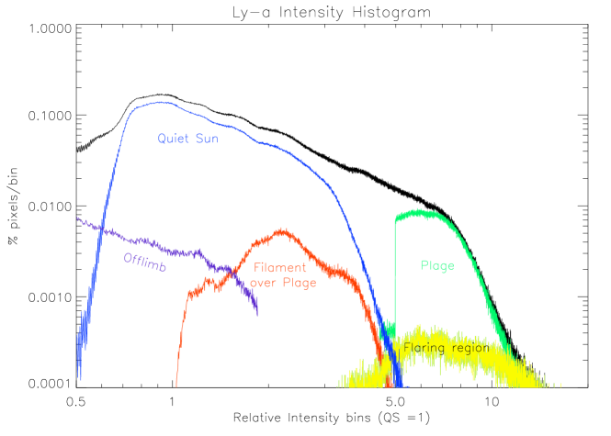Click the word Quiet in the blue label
pyautogui.click(x=173, y=139)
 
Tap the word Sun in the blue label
pyautogui.click(x=207, y=139)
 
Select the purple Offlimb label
pyautogui.click(x=144, y=261)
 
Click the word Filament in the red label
pyautogui.click(x=280, y=267)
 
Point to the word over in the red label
pyautogui.click(x=264, y=283)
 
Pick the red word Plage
pyautogui.click(x=300, y=283)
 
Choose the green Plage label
pyautogui.click(x=437, y=265)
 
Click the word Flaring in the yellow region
pyautogui.click(x=423, y=348)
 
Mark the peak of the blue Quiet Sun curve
pyautogui.click(x=162, y=102)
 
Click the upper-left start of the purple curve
pyautogui.click(x=77, y=218)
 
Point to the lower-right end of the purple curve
pyautogui.click(x=257, y=313)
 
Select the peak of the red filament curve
pyautogui.click(x=282, y=230)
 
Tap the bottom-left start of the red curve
pyautogui.click(x=176, y=386)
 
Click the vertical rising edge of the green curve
pyautogui.click(x=395, y=275)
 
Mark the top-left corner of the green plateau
pyautogui.click(x=396, y=217)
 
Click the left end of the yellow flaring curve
pyautogui.click(x=338, y=385)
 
